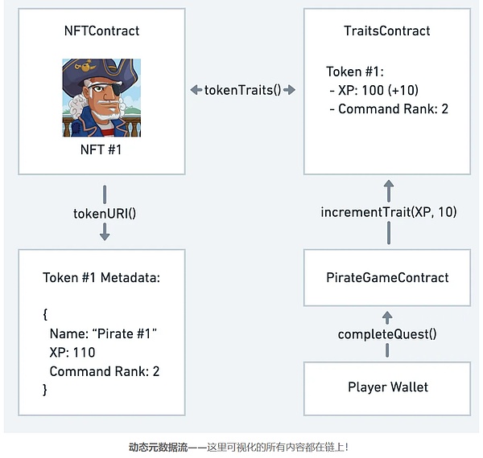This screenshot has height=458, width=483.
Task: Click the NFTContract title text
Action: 101,31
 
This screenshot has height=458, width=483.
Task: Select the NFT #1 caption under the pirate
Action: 101,150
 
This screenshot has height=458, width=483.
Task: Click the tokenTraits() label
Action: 242,89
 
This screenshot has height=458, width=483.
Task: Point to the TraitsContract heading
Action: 386,31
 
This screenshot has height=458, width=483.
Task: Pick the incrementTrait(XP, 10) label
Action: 389,212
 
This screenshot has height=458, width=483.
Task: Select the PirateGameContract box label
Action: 387,278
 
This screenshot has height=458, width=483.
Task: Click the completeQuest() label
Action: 387,333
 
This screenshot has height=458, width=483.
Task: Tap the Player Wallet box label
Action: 387,387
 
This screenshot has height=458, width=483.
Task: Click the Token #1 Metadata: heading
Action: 101,278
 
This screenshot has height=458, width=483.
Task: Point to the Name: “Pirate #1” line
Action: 101,333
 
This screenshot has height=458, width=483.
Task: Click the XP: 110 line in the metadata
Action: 72,353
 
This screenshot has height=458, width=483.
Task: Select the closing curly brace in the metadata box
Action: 45,390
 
